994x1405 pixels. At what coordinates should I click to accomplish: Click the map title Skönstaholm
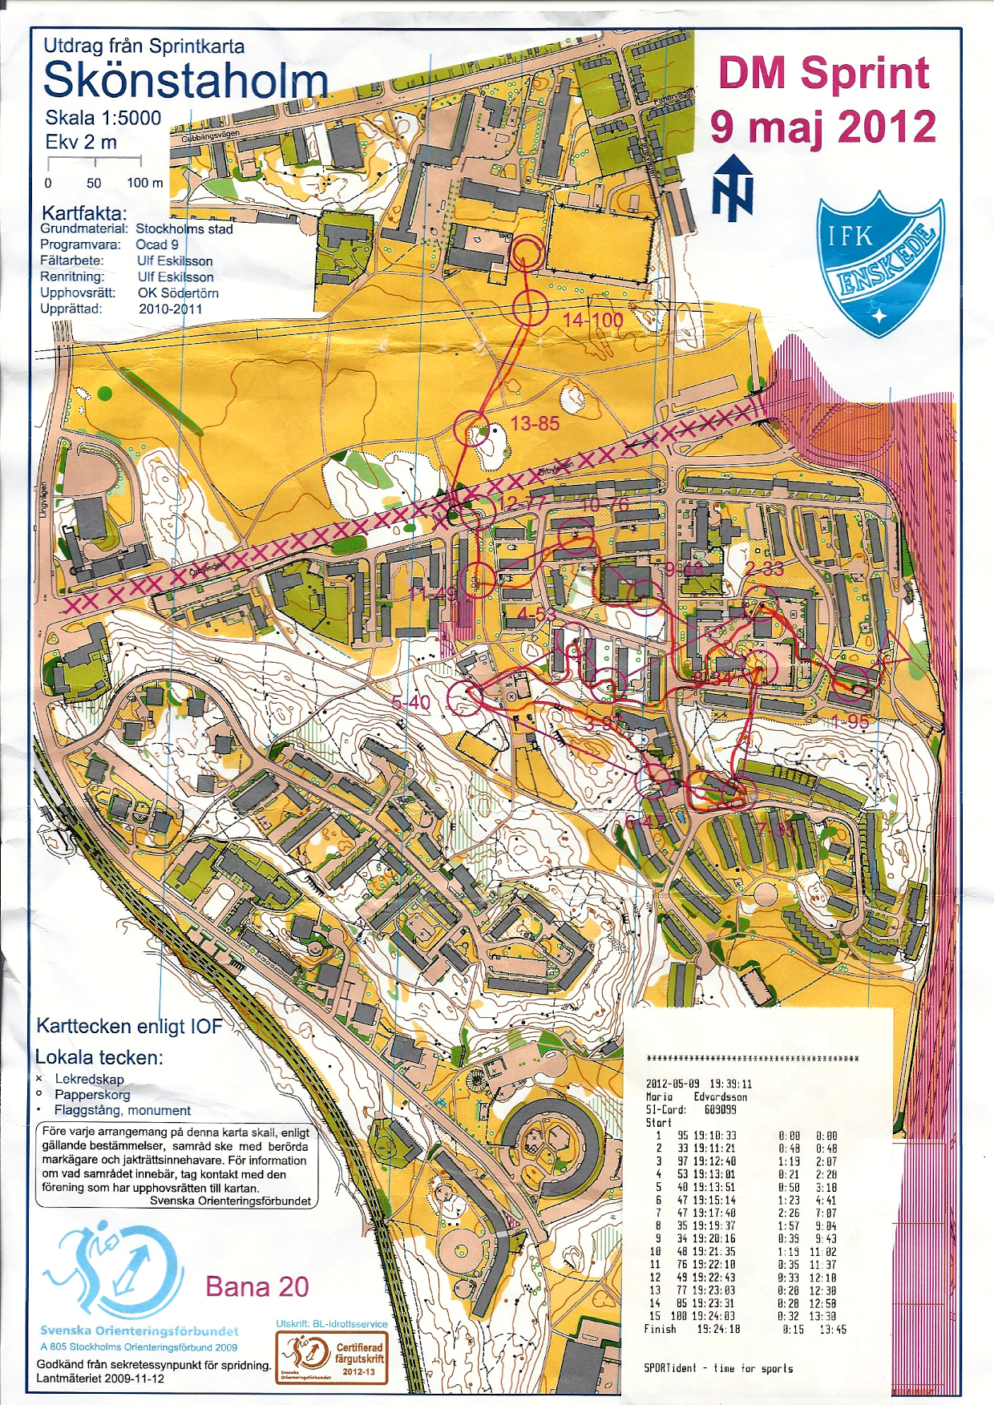click(185, 81)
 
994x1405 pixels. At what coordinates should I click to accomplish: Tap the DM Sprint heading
click(823, 74)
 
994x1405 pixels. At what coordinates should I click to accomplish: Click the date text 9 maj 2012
click(823, 127)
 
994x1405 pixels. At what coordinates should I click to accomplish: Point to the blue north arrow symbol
click(733, 188)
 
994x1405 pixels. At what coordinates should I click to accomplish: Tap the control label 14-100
click(592, 320)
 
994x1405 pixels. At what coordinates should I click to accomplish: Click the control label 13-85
click(535, 423)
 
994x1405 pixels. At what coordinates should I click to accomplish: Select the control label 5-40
click(410, 703)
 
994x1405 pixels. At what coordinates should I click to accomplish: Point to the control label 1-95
click(849, 722)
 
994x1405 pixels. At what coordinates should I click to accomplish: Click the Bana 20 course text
click(257, 1286)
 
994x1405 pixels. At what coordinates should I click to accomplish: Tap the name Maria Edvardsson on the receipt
click(696, 1096)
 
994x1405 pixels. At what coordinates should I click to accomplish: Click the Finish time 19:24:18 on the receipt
click(717, 1329)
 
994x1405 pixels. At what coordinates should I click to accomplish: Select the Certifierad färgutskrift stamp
click(332, 1358)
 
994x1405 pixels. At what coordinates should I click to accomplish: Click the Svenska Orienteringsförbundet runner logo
click(112, 1270)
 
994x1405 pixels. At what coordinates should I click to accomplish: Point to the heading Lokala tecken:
click(99, 1057)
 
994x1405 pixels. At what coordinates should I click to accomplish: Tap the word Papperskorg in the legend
click(91, 1094)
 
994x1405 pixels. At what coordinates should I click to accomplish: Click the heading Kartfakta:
click(83, 213)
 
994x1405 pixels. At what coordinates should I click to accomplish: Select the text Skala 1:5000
click(103, 118)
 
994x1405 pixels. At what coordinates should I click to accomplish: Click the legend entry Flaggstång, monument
click(122, 1110)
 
